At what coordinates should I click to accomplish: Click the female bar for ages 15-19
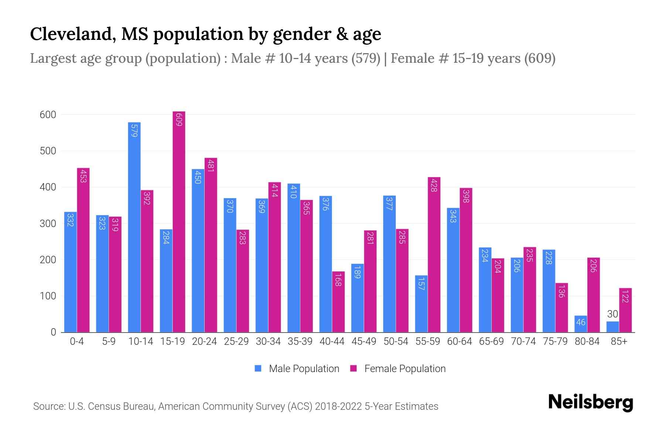click(x=179, y=221)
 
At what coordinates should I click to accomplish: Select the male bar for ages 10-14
click(x=134, y=227)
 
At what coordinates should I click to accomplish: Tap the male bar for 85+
click(x=613, y=327)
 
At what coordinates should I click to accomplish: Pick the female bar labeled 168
click(x=338, y=302)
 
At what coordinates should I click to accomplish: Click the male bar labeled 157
click(x=421, y=304)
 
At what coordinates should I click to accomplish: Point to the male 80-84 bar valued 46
click(x=581, y=324)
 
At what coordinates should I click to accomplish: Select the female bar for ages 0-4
click(x=83, y=250)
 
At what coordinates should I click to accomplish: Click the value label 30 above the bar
click(x=613, y=314)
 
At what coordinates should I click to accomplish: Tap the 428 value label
click(x=434, y=185)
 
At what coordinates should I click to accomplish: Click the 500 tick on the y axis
click(x=48, y=151)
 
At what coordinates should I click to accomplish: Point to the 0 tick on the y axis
click(x=54, y=332)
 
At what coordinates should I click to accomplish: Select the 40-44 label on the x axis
click(x=332, y=341)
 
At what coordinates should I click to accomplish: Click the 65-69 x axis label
click(x=491, y=341)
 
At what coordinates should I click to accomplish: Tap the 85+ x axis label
click(x=619, y=341)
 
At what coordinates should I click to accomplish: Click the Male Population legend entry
click(x=304, y=369)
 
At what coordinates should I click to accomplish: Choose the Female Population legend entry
click(x=405, y=369)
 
